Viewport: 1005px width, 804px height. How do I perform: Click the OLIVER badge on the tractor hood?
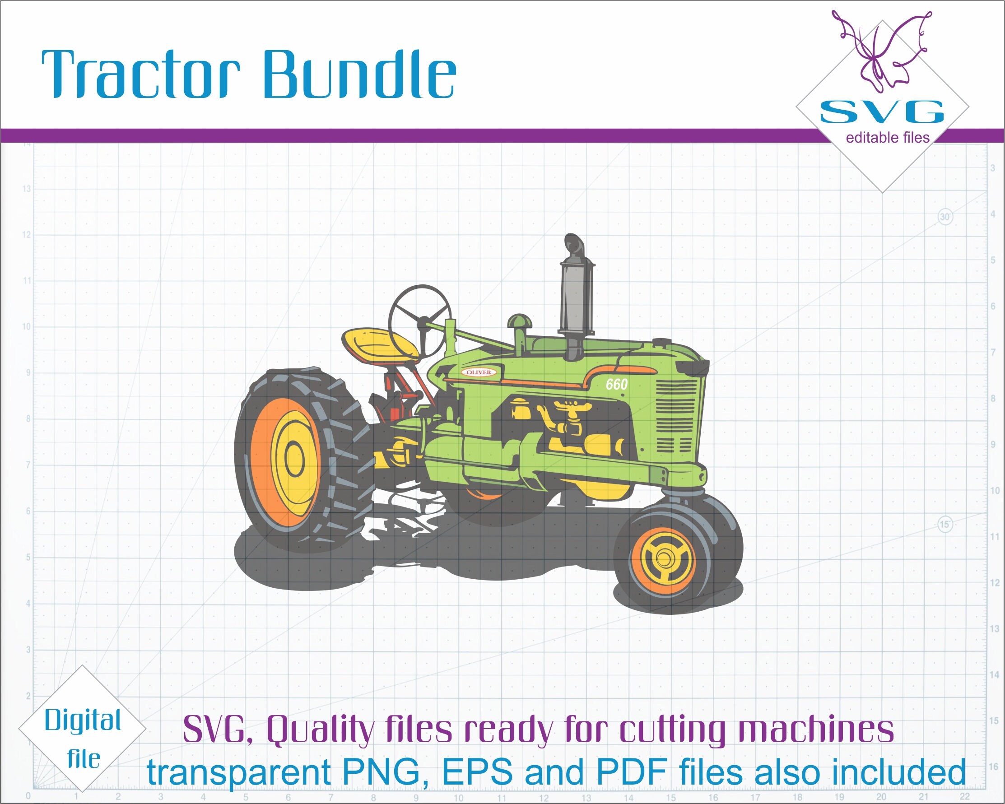click(x=479, y=372)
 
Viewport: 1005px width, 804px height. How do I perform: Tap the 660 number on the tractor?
click(x=616, y=385)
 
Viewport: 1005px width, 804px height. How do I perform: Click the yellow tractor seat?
click(x=379, y=343)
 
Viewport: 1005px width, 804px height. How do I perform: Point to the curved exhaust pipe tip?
click(x=573, y=242)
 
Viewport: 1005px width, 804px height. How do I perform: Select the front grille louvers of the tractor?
click(x=676, y=415)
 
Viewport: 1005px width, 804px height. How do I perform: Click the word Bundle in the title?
click(x=359, y=74)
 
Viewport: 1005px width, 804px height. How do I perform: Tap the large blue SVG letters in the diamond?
click(x=881, y=112)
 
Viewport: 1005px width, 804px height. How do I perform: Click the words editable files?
click(x=888, y=138)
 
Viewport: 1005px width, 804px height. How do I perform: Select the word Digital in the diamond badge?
click(x=83, y=720)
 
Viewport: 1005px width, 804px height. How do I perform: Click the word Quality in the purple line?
click(x=321, y=730)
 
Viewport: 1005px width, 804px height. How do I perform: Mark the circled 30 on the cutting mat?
click(x=945, y=217)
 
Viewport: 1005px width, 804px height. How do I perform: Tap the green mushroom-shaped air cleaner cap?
click(x=519, y=321)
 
